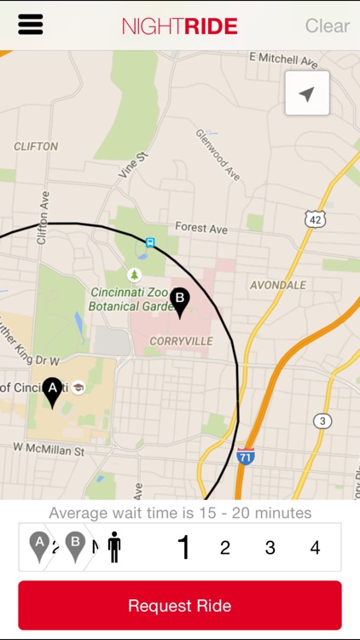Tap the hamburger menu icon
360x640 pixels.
[31, 25]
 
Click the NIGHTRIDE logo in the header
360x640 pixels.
[179, 26]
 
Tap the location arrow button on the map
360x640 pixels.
[307, 93]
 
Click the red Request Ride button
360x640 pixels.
[179, 606]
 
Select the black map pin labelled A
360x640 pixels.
[53, 392]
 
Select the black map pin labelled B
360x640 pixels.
[179, 301]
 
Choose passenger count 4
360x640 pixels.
[315, 548]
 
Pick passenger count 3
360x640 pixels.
[270, 548]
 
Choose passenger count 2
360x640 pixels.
[225, 548]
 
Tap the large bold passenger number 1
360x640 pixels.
[183, 548]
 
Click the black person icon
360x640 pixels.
[114, 547]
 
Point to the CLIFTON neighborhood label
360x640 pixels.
[36, 146]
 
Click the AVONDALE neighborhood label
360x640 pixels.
[277, 285]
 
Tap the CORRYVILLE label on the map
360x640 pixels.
[179, 340]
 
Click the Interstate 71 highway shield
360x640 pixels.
[246, 456]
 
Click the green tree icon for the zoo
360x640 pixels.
[134, 275]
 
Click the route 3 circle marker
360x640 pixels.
[322, 421]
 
